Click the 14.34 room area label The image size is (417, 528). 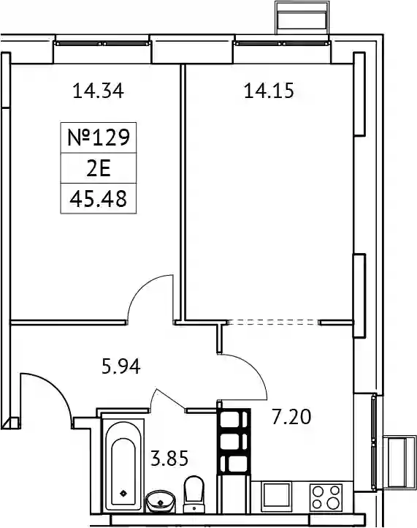(98, 91)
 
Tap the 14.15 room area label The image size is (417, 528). (269, 91)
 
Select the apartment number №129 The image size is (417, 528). (99, 137)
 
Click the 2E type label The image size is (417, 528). (99, 168)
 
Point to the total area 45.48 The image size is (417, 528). (99, 199)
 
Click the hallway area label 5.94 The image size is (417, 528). (121, 366)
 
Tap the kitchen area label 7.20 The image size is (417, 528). (291, 417)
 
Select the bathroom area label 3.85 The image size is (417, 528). (169, 459)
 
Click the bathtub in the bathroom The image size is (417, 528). (123, 464)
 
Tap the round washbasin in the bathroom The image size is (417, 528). (161, 502)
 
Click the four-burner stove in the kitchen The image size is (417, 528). (326, 497)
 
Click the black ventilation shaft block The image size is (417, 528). (234, 442)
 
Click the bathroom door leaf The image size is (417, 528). (170, 400)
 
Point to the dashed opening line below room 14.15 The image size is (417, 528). (273, 323)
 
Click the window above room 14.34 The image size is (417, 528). (102, 43)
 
